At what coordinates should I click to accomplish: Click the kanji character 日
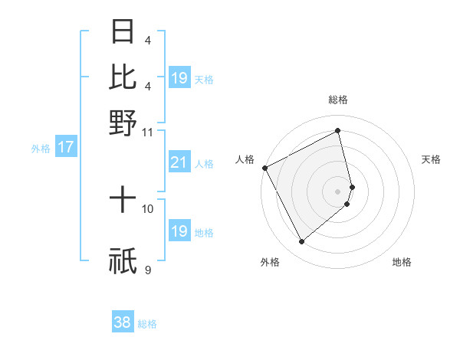coord(123,31)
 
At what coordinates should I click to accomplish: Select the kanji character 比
coord(123,77)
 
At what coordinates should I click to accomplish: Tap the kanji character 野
coord(123,122)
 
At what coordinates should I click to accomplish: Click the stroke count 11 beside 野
coord(147,131)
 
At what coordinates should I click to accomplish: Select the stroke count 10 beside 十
coord(148,208)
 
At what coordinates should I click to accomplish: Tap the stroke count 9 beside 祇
coord(148,270)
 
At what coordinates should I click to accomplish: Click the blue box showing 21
coord(179,162)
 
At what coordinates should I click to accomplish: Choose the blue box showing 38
coord(123,322)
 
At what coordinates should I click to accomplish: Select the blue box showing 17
coord(65,147)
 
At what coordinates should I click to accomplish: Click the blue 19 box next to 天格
coord(179,77)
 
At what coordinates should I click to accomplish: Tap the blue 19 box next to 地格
coord(179,231)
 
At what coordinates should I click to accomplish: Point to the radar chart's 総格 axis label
coord(338,100)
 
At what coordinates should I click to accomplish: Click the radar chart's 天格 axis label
coord(432,159)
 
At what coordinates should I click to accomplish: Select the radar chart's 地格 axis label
coord(402,262)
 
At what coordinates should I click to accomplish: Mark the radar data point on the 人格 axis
coord(264,167)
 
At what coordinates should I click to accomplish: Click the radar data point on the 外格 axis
coord(301,242)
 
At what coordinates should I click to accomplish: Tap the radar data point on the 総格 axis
coord(338,130)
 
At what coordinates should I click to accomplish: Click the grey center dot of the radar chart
coord(338,191)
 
